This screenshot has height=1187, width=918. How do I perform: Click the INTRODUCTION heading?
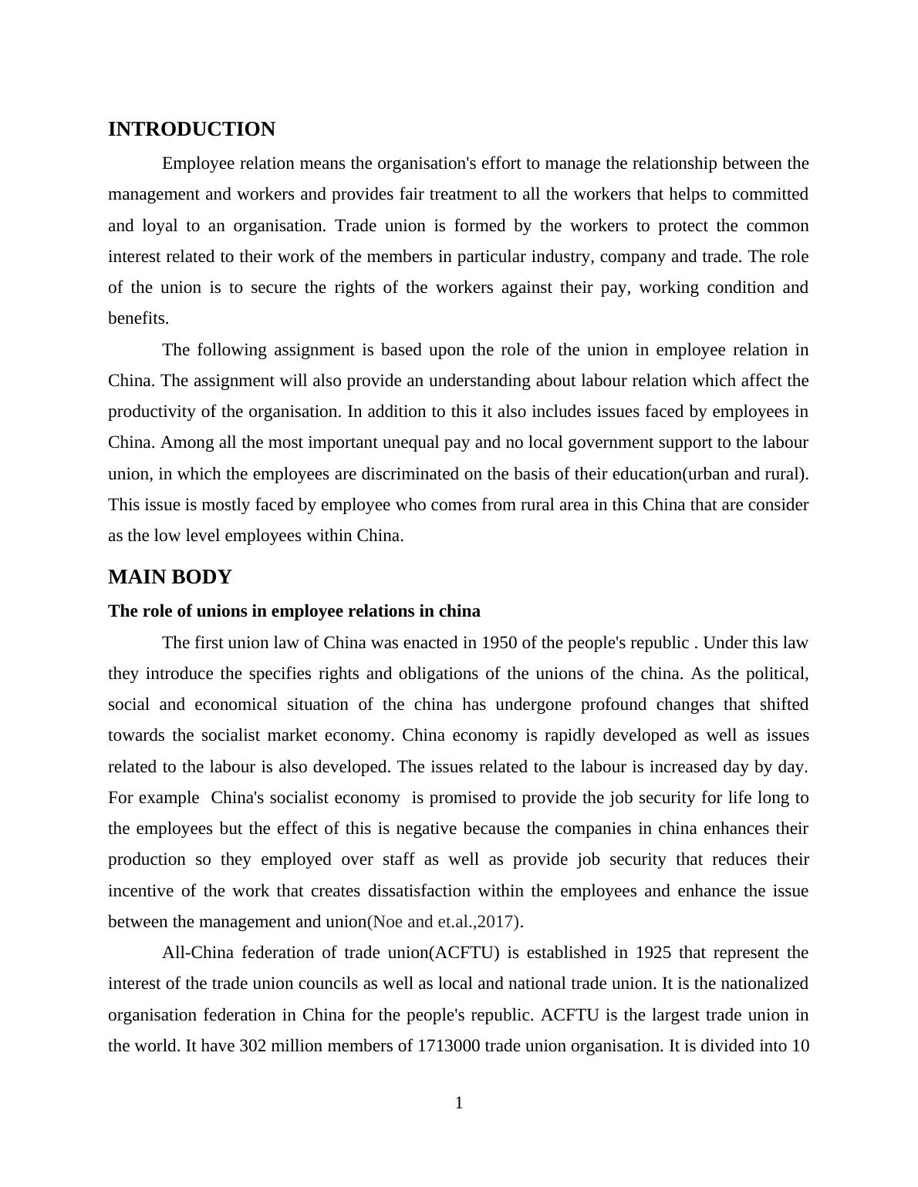pyautogui.click(x=191, y=129)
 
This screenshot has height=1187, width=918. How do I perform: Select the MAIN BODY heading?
pyautogui.click(x=170, y=577)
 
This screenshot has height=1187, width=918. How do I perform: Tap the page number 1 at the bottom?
pyautogui.click(x=459, y=1103)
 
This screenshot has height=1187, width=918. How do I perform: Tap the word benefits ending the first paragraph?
pyautogui.click(x=138, y=318)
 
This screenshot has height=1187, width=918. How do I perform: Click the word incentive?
pyautogui.click(x=140, y=891)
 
